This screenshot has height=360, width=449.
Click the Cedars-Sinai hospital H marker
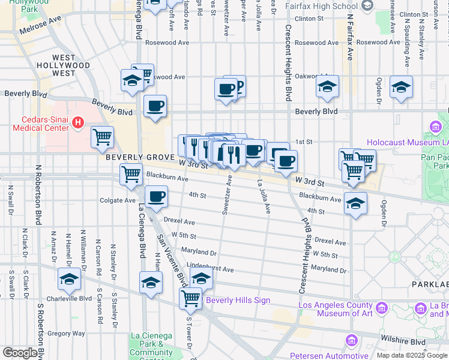[77, 124]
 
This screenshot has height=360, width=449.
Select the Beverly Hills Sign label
[238, 300]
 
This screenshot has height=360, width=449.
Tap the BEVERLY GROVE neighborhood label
[140, 157]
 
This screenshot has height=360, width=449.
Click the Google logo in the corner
[20, 353]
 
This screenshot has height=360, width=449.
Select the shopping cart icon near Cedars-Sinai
[102, 137]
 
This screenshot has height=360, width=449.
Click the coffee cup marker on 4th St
[156, 196]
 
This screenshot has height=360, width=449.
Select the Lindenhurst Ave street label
[210, 269]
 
